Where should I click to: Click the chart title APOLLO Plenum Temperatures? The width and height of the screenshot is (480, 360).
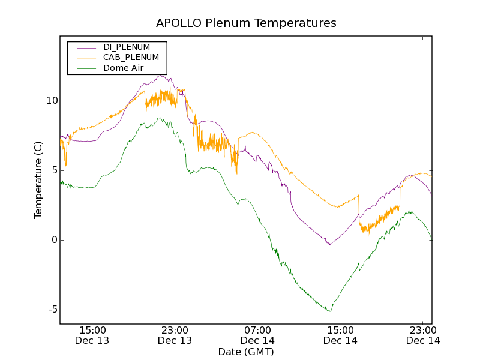[246, 23]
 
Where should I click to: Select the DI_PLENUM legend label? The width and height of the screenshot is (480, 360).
[127, 47]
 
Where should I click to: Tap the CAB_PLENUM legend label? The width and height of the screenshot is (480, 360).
[131, 57]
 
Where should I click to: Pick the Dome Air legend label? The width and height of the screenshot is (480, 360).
[123, 68]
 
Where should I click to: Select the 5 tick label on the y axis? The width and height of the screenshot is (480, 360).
[53, 170]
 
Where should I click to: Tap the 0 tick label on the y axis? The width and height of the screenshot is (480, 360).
[53, 240]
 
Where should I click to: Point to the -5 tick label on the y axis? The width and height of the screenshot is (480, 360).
[52, 310]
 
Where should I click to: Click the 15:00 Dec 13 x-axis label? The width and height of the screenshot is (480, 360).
[92, 335]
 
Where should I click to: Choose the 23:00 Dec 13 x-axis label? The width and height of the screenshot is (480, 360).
[175, 335]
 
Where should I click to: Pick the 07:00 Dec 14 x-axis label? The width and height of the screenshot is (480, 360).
[257, 335]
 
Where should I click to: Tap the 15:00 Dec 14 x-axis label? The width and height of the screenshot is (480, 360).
[340, 335]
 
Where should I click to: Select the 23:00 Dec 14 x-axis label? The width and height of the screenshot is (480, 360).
[423, 335]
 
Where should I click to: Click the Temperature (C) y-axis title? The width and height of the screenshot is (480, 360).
[38, 180]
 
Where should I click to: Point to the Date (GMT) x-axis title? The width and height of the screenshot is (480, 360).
[246, 352]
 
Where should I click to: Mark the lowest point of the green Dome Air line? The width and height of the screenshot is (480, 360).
[329, 311]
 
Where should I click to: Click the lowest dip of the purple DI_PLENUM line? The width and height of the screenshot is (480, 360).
[329, 245]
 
